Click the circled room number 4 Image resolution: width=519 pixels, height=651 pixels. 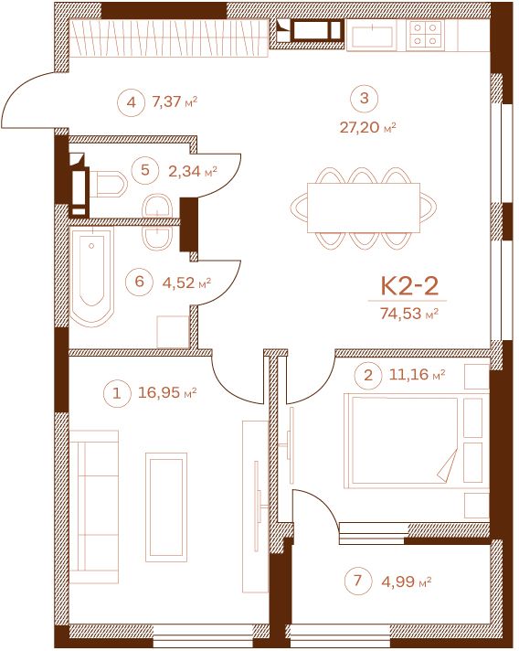click(x=131, y=102)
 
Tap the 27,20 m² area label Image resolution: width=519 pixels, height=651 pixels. click(x=367, y=127)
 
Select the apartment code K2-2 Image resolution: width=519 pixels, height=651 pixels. click(x=409, y=285)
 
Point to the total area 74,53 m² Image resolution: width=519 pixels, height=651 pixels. click(x=409, y=314)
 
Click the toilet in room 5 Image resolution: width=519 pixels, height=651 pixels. click(x=109, y=184)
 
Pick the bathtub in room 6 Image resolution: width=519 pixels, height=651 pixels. click(x=91, y=277)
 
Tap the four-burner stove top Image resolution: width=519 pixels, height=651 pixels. click(x=424, y=34)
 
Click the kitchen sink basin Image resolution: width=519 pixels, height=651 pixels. click(x=372, y=36)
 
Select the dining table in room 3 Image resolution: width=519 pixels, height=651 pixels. click(x=364, y=208)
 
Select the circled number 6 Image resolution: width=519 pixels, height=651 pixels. click(x=140, y=282)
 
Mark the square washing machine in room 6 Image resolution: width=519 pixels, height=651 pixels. click(x=173, y=332)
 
